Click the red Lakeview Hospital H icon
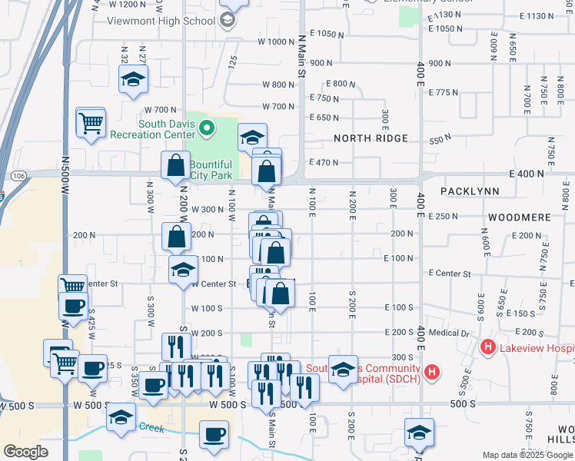click(x=487, y=348)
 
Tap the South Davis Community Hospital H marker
click(x=432, y=373)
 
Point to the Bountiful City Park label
click(x=210, y=170)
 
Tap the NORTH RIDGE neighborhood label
click(x=371, y=138)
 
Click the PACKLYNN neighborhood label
click(x=470, y=191)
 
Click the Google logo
click(x=25, y=451)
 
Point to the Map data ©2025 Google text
click(x=527, y=455)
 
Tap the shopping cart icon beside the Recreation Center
click(x=91, y=122)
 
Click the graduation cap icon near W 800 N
click(x=133, y=78)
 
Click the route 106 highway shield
click(x=19, y=176)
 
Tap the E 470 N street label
click(x=324, y=162)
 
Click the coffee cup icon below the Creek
click(x=214, y=434)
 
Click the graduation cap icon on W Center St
click(x=183, y=270)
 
